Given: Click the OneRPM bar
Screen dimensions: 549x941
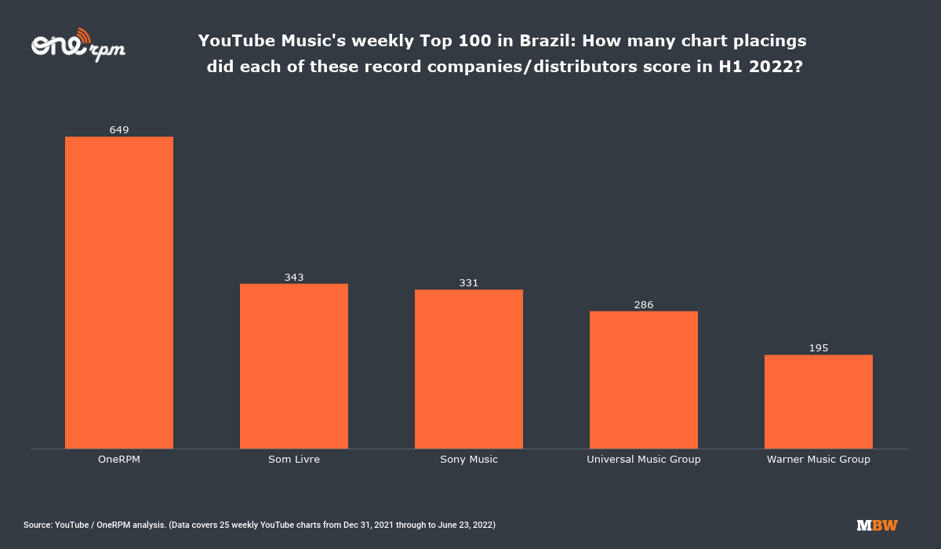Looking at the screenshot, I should [x=119, y=293].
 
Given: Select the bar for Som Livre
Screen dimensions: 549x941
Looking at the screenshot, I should [x=294, y=366].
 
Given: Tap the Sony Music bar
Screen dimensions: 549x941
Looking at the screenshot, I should [x=469, y=369].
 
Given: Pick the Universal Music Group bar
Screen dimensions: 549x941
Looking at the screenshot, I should [x=644, y=380].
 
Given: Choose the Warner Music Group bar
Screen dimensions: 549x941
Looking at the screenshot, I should [x=819, y=402].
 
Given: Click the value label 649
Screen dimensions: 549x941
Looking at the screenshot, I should [x=119, y=130].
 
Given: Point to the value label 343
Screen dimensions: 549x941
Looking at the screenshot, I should [x=294, y=277].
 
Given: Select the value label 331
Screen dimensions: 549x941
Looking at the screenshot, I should [x=469, y=283].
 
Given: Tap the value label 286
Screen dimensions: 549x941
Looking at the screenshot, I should [x=644, y=304].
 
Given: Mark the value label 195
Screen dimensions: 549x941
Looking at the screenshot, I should [x=819, y=348].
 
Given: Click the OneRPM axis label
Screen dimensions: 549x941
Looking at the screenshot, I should [x=119, y=460].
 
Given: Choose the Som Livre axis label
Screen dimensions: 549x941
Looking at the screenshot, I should [x=294, y=460].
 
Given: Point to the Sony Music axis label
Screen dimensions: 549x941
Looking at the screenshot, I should [x=469, y=460].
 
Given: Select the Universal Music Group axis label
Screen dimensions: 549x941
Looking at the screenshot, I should [x=644, y=460].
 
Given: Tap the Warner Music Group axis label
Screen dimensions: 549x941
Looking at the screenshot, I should [x=819, y=460].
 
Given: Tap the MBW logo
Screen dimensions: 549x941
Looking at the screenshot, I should [x=877, y=525].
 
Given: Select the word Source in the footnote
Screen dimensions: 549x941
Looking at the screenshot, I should [x=37, y=525].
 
